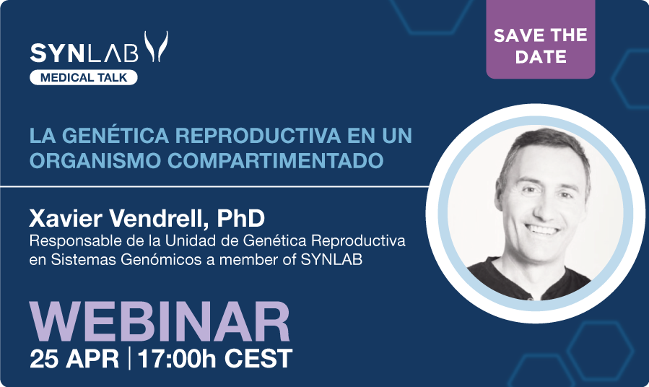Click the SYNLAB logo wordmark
tap(84, 53)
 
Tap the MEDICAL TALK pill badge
tap(84, 77)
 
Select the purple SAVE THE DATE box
tap(541, 40)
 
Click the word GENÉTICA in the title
tap(116, 135)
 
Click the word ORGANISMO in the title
tap(95, 160)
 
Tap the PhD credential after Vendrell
tap(241, 218)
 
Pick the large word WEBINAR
tap(160, 322)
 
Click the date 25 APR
tap(74, 358)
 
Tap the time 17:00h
tap(177, 358)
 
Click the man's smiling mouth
tap(542, 230)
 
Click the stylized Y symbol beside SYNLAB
tap(156, 46)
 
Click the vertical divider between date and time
tap(129, 358)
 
